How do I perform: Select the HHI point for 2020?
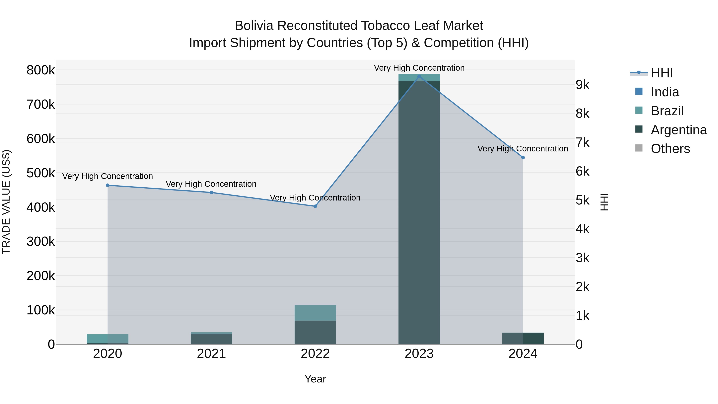coord(108,185)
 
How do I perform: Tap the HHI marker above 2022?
coord(315,206)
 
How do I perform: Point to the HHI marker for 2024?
coord(523,158)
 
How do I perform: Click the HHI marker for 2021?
coord(211,192)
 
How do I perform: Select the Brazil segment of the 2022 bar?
coord(315,313)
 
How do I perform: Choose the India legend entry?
coord(665,92)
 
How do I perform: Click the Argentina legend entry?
coord(679,130)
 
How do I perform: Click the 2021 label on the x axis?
coord(211,354)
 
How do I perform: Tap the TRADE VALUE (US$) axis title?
coord(6,202)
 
